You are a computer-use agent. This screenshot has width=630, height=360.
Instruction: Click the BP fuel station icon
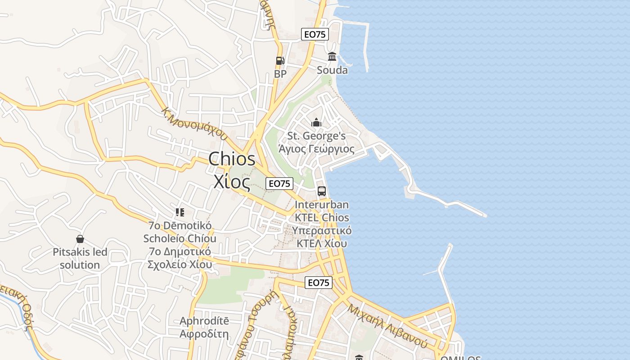coord(280,61)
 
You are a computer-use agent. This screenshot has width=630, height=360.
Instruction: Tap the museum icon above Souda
coord(332,57)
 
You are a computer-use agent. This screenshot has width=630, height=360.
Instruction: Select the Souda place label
coord(332,70)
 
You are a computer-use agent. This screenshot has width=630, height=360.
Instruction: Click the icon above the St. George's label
coord(316,122)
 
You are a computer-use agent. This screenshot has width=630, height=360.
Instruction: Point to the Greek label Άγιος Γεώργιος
coord(316,149)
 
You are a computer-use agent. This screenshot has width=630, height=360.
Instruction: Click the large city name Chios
coord(232,159)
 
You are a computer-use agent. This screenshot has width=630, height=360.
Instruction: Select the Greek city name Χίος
coord(232,181)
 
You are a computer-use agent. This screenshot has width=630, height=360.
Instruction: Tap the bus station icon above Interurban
coord(322,191)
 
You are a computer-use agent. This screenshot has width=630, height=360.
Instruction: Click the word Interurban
coord(322,205)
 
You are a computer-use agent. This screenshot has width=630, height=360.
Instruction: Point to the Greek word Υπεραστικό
coord(322,230)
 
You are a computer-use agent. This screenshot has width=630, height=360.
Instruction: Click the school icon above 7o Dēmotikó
coord(180,212)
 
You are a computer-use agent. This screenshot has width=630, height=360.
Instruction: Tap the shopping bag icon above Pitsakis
coord(80,238)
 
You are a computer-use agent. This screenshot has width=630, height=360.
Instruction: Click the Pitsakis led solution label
coord(80,258)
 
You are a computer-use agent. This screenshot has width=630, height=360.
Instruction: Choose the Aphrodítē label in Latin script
coord(204,321)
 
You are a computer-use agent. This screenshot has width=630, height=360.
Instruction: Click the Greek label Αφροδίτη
coord(204,334)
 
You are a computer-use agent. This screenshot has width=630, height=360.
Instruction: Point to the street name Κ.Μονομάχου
coord(194,123)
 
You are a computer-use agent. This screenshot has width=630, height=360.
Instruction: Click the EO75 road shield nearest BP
coord(315,34)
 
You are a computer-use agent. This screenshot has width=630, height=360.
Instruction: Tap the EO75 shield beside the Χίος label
coord(279,184)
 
